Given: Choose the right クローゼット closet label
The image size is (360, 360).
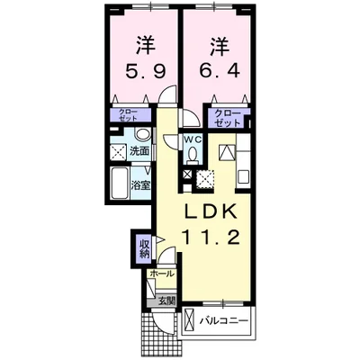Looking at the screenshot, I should click(228, 116).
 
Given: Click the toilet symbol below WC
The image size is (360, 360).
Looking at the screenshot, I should click(193, 154).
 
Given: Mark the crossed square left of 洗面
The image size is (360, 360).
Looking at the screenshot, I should click(118, 151).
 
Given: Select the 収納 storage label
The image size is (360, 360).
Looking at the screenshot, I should click(144, 246).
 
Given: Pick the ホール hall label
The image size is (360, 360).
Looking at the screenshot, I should click(162, 274).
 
